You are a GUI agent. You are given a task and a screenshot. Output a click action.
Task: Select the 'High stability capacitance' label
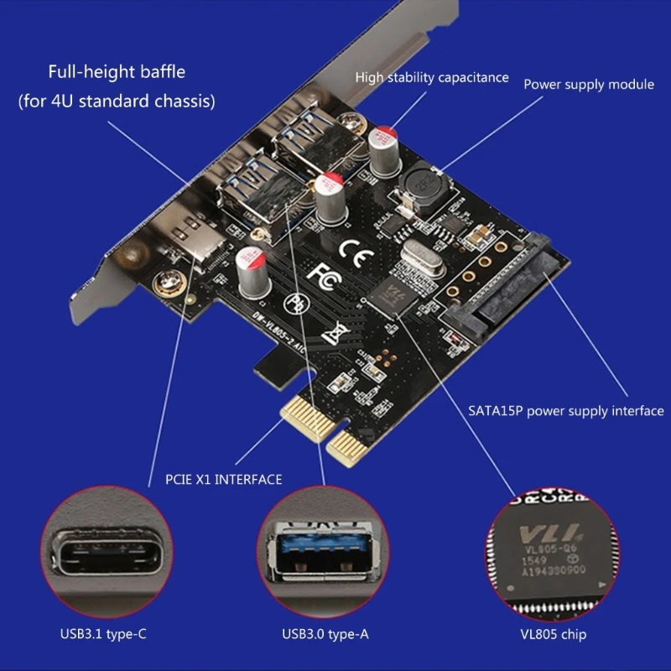(x=432, y=77)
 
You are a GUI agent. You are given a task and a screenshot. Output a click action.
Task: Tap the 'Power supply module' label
(x=589, y=84)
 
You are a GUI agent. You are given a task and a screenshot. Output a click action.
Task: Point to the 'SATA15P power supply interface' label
(x=565, y=411)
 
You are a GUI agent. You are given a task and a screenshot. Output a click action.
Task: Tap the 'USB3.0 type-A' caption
(x=326, y=635)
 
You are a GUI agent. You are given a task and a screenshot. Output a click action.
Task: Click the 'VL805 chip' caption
(x=551, y=635)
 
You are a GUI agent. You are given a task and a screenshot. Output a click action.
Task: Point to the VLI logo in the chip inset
(x=537, y=533)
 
